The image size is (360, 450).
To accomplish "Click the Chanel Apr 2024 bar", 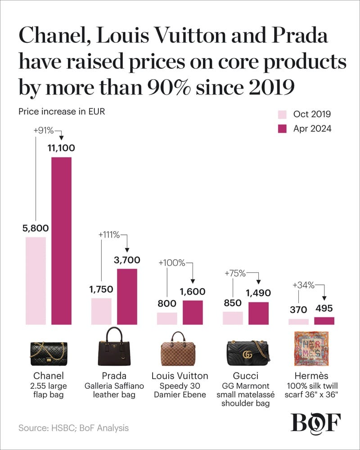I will tap(61, 241).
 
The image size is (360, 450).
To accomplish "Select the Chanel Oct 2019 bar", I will tap(36, 280).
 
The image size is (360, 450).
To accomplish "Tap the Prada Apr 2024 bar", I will tap(127, 296).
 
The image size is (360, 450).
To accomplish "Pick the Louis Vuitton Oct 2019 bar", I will tap(167, 318).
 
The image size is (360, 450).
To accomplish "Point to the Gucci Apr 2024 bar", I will tap(258, 313).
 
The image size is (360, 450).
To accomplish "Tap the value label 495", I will tap(324, 310).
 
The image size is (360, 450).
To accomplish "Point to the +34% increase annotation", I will tap(303, 285).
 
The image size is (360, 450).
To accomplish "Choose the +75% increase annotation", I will tap(234, 273).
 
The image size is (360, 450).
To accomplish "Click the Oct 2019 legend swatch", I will tap(282, 114).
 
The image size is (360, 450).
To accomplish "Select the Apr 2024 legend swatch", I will tap(282, 129).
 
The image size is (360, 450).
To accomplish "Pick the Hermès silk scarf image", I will tap(310, 349).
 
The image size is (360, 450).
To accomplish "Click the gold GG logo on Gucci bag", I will tap(247, 354).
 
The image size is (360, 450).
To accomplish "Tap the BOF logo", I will tap(316, 423).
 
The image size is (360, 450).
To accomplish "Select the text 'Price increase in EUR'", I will tap(62, 112).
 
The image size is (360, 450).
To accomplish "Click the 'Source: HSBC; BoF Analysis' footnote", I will tap(73, 428).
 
